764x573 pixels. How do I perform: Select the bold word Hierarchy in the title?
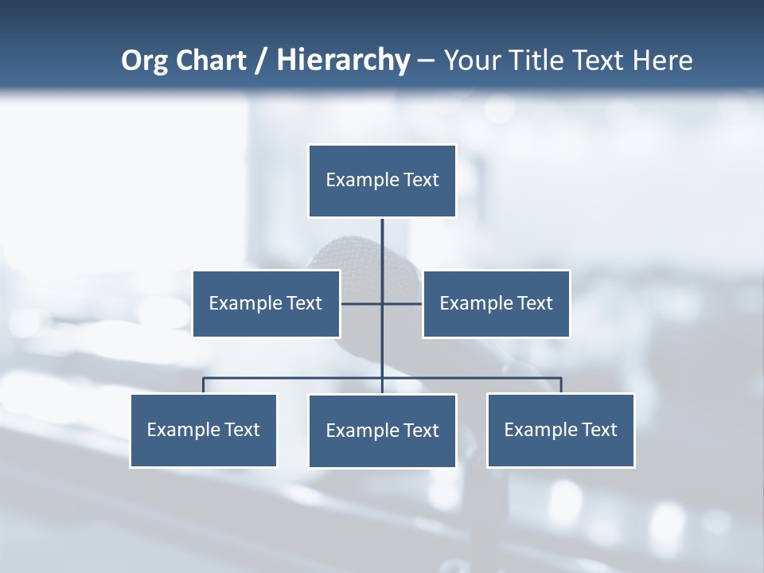coord(342,60)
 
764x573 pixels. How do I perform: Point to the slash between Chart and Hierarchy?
coord(261,61)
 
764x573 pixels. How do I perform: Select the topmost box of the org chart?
coord(382,181)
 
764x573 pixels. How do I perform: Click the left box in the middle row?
coord(266,303)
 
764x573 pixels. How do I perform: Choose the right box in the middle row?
coord(496,303)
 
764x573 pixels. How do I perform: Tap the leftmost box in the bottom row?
coord(203,430)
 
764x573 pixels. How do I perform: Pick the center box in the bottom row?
coord(382,431)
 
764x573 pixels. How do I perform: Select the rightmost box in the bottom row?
coord(560,430)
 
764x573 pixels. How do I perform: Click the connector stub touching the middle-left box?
coord(361,303)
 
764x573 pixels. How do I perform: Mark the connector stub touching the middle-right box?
coord(403,303)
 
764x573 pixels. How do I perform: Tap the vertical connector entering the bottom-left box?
coord(203,385)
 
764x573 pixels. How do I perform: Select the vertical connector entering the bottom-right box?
coord(561,385)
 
